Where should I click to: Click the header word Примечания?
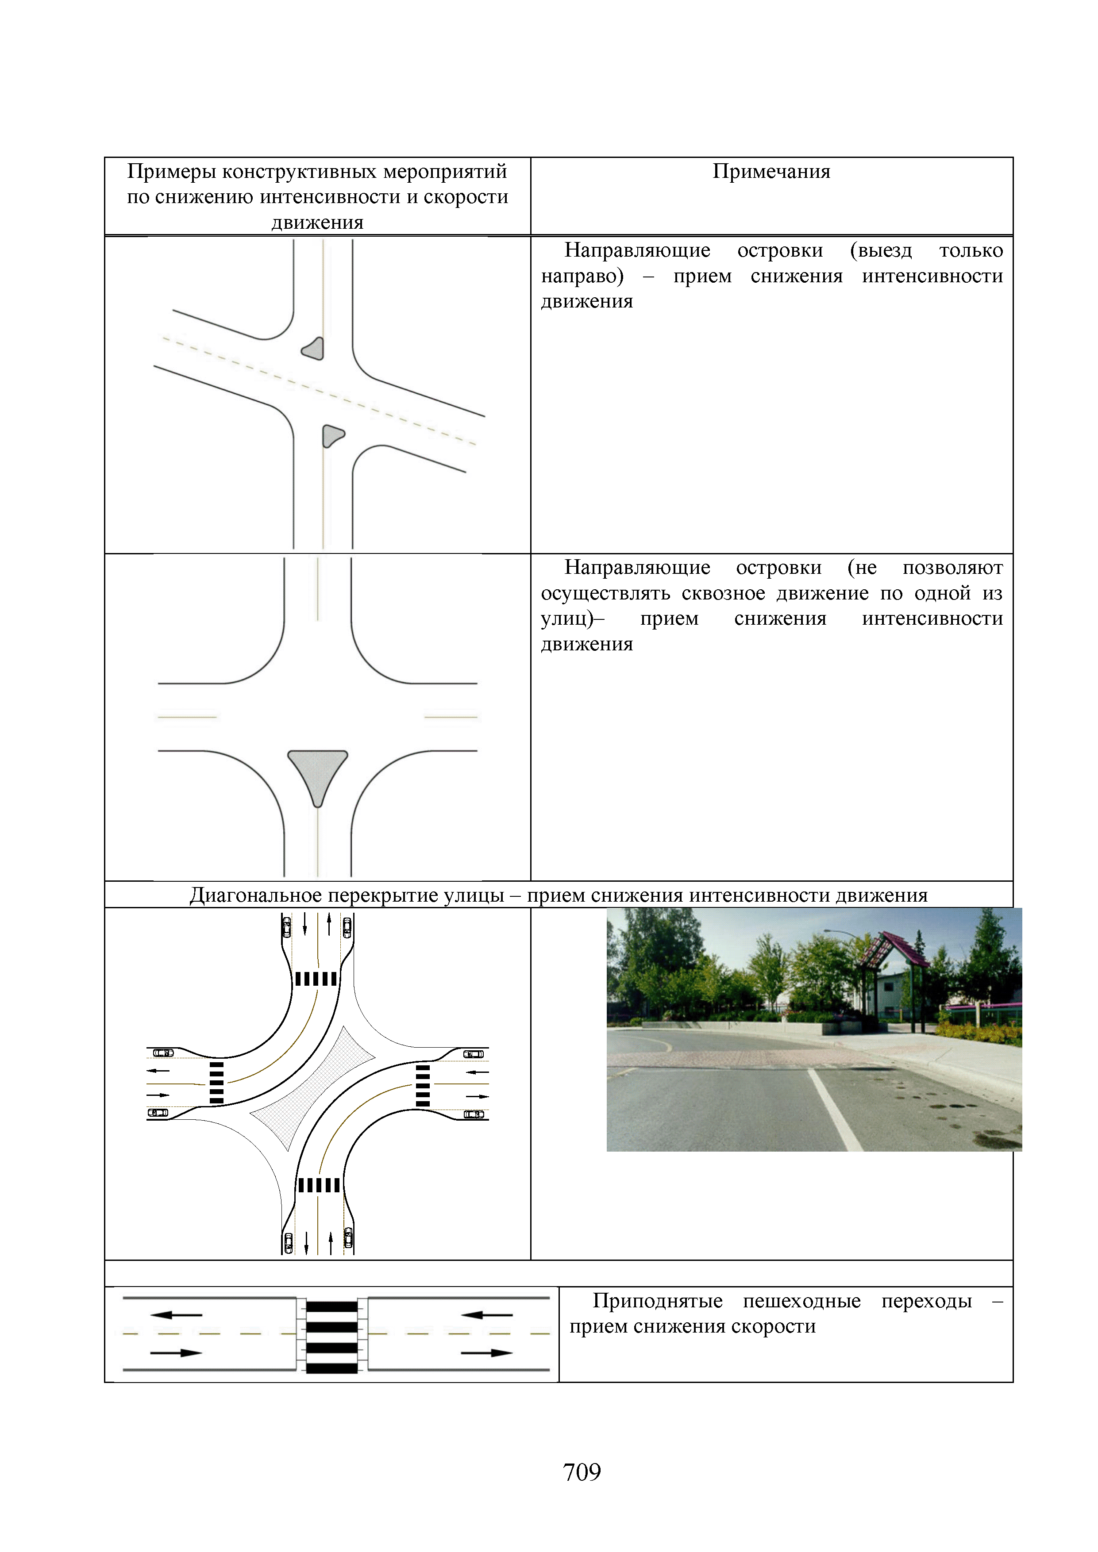(x=771, y=172)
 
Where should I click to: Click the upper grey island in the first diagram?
(x=314, y=349)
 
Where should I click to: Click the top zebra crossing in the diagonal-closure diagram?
(x=316, y=979)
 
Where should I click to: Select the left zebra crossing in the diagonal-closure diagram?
(x=216, y=1083)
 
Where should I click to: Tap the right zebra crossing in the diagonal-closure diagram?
(x=423, y=1086)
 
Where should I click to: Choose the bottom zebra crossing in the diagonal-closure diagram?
(x=319, y=1185)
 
